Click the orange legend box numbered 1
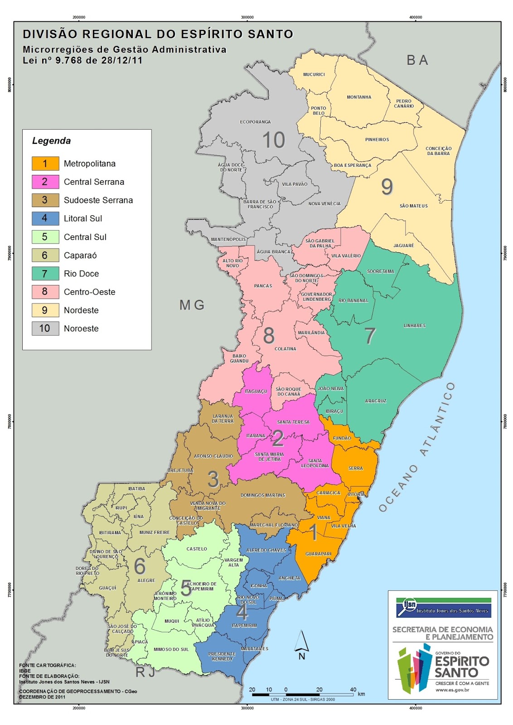pos(45,164)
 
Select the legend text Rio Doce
pos(81,274)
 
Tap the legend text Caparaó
pos(80,256)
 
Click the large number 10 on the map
pos(274,140)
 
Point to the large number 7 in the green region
pos(370,336)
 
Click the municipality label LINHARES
pos(414,326)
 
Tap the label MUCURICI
pos(314,74)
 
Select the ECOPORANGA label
pos(255,122)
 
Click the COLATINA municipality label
pos(285,349)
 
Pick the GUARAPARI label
pos(318,554)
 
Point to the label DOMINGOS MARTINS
pos(263,495)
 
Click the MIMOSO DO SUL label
pos(171,649)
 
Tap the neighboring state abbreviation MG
pos(192,305)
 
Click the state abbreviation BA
pos(417,60)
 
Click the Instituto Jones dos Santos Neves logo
pos(443,608)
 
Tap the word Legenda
pos(51,141)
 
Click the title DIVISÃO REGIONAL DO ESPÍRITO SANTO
pos(158,34)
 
